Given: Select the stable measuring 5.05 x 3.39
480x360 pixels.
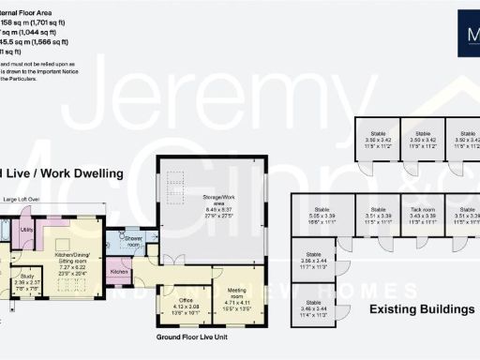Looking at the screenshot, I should (322, 217).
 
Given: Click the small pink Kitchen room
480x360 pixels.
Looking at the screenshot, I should (119, 271).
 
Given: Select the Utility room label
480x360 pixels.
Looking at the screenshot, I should (28, 229).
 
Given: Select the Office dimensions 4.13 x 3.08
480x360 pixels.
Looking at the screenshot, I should (185, 302).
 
